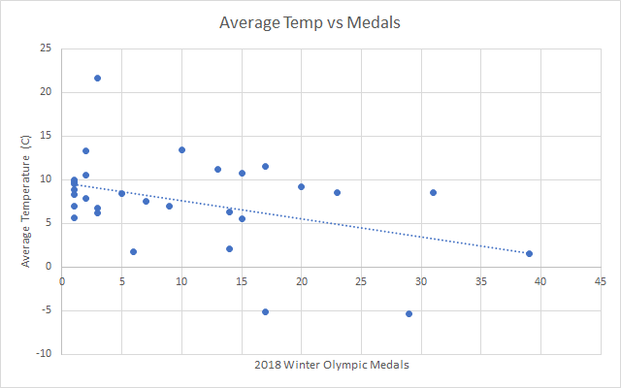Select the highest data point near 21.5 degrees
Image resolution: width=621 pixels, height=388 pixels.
tap(97, 78)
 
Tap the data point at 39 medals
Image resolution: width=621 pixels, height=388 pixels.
tap(529, 253)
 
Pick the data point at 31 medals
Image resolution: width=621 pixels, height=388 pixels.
tap(433, 192)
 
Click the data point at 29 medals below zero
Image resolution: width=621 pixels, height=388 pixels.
tap(409, 313)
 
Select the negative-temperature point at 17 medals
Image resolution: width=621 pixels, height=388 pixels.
tap(265, 311)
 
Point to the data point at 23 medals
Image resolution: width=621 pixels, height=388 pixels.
tap(337, 192)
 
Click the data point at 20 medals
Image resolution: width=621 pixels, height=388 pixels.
tap(301, 186)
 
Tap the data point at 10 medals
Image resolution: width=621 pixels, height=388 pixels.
tap(181, 149)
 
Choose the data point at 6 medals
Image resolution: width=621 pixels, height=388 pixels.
tap(133, 251)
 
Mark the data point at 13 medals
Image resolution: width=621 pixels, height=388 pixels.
tap(217, 169)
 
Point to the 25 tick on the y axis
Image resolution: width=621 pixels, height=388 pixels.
tap(45, 48)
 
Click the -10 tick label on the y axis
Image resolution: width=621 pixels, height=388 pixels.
tap(43, 354)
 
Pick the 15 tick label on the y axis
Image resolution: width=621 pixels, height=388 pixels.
tap(45, 136)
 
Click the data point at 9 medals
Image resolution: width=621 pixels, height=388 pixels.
tap(169, 206)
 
